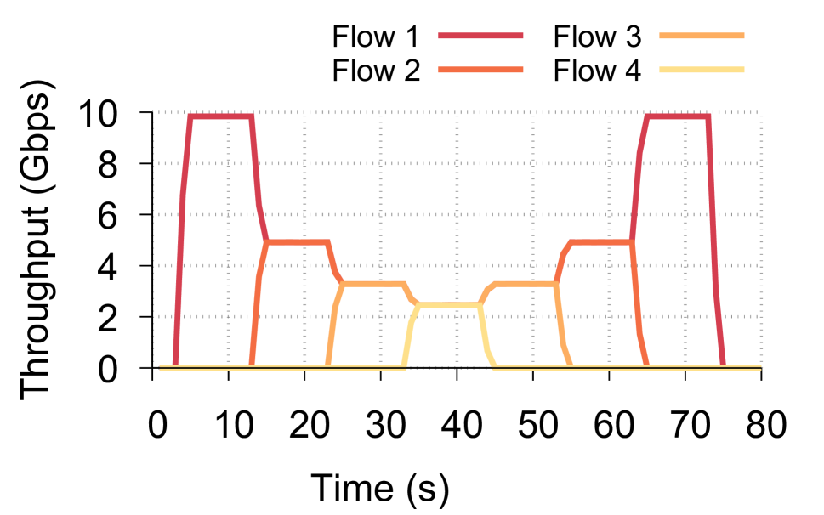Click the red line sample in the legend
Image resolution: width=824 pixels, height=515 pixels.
[x=480, y=36]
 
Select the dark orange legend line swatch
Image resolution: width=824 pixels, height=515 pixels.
[x=480, y=70]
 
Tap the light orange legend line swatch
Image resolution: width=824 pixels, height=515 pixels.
[x=702, y=36]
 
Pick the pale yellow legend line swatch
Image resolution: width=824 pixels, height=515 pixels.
[x=702, y=70]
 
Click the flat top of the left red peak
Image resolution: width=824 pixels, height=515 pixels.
[x=220, y=116]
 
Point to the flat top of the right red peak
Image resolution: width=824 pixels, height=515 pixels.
[x=677, y=116]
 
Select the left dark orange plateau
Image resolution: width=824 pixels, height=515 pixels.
[x=298, y=242]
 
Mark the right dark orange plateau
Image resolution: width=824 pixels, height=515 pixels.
[x=600, y=242]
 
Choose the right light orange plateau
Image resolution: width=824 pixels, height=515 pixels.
[x=525, y=284]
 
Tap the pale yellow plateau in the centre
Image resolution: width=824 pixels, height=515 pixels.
[x=449, y=304]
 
